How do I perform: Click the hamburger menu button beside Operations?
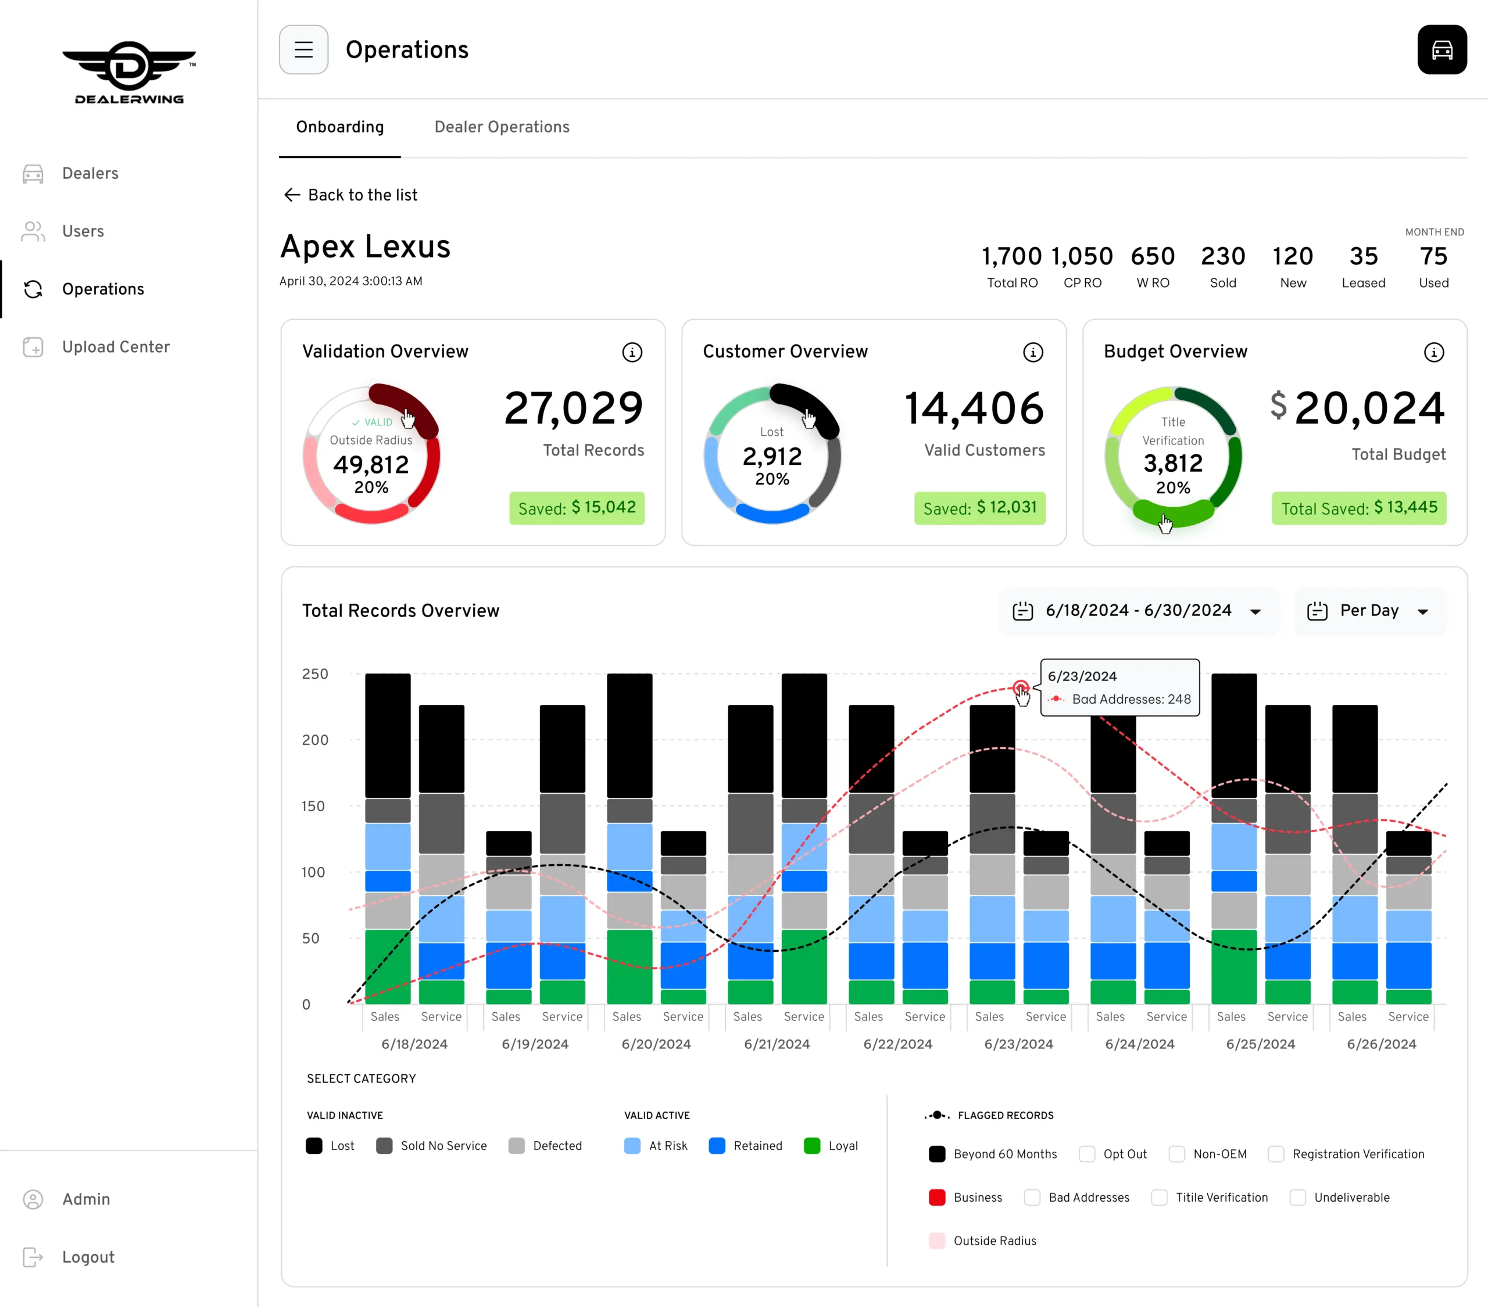point(303,49)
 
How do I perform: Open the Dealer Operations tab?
point(502,127)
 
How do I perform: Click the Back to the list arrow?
point(292,194)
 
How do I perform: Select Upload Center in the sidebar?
point(115,347)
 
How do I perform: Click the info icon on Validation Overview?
point(632,352)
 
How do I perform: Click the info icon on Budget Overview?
point(1433,352)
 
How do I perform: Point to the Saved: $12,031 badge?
point(979,508)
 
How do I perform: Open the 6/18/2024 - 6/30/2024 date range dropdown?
point(1138,611)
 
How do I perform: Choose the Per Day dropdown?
point(1369,611)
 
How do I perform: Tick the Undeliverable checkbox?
point(1297,1198)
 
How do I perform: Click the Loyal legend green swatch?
point(811,1146)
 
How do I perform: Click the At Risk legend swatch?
point(632,1146)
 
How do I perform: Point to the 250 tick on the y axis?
point(314,674)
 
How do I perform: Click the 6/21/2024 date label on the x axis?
point(777,1044)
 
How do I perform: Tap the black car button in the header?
point(1441,49)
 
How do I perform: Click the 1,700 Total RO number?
point(1012,256)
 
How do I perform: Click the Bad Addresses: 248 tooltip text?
point(1131,699)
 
